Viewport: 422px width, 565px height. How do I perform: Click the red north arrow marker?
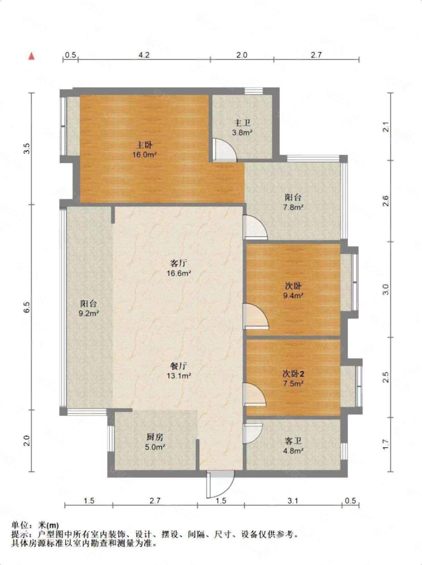point(31,56)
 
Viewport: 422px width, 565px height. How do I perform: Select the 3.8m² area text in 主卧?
point(242,132)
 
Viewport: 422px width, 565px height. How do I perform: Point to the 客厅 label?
point(179,264)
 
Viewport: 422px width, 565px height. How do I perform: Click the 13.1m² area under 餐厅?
point(179,376)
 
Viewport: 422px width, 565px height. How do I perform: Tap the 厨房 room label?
point(154,437)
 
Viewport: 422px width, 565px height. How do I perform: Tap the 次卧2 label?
point(294,374)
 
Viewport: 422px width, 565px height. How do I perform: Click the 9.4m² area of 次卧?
point(294,296)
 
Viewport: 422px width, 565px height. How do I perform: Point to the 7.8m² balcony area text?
point(294,207)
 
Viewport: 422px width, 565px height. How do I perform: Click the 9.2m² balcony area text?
point(89,314)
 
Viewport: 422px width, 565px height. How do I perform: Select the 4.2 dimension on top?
point(144,55)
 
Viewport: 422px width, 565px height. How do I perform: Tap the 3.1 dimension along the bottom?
point(292,501)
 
